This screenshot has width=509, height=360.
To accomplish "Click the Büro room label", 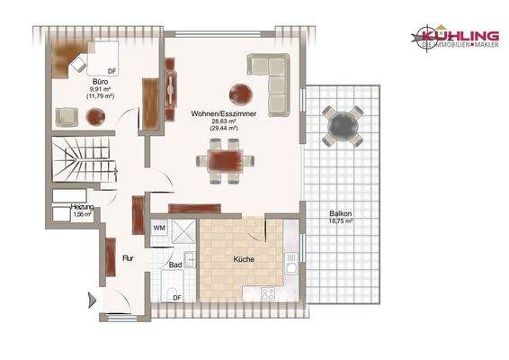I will click(100, 79).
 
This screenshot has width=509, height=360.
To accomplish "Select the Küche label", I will click(243, 259).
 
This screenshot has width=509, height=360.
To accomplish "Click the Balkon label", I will click(340, 213).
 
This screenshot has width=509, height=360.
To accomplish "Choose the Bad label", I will click(175, 265).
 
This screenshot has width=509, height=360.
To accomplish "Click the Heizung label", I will click(82, 207).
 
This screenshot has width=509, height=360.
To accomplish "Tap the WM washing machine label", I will click(159, 229).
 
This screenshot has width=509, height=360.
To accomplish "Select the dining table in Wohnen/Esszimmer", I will click(220, 162).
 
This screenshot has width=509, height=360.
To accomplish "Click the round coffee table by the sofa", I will click(242, 91).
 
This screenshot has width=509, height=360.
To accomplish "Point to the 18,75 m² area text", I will click(340, 221).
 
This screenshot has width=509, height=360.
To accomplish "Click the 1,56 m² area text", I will click(82, 215).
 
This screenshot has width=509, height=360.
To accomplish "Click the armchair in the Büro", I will click(67, 115).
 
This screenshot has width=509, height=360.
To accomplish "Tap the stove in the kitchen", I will click(268, 294).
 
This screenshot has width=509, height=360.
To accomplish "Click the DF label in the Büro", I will click(112, 69).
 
